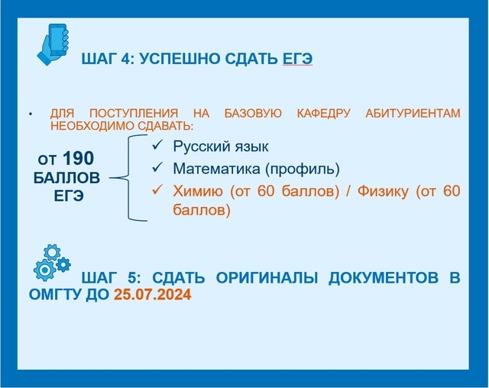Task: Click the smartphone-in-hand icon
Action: point(53,44)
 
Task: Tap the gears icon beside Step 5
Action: point(52,263)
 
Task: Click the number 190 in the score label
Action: point(78,158)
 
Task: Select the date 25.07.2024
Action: point(152,294)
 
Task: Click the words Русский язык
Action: point(221,147)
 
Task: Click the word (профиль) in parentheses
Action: point(303,170)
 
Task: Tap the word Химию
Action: point(198,191)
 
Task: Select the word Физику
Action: point(383,191)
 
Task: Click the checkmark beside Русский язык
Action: point(157,144)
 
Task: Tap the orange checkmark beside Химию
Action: point(157,189)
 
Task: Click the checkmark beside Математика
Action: point(157,167)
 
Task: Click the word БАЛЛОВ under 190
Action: point(66,178)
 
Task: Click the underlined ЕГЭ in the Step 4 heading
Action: point(297,59)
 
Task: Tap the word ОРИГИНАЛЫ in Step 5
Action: point(267,277)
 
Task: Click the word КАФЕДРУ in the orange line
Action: point(324,113)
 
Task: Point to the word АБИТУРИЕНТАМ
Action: point(413,113)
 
